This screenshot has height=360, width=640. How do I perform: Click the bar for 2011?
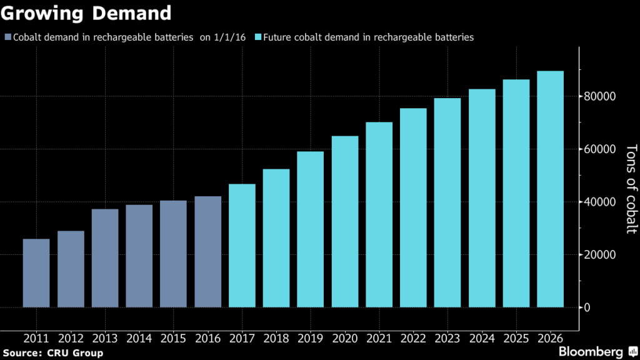[36, 273]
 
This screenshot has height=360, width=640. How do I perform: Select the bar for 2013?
[105, 258]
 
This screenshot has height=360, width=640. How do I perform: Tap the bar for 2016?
[207, 252]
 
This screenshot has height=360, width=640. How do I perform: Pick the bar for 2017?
[242, 246]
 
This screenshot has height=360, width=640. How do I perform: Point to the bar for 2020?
[345, 222]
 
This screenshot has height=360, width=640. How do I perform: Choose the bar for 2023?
[447, 202]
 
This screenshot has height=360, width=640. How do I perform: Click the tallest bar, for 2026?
[550, 189]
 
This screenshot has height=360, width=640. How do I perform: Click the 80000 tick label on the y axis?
[600, 96]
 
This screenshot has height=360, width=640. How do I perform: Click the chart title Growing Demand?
[86, 12]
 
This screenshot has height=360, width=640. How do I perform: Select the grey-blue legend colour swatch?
[7, 37]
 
